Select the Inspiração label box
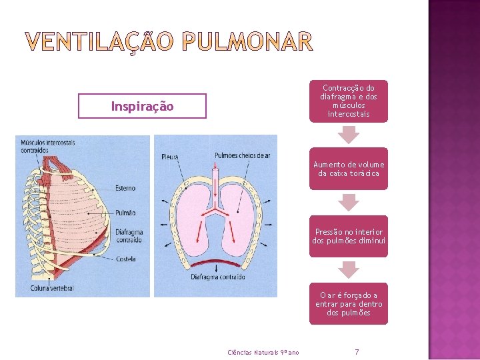(142, 107)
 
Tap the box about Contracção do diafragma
(348, 101)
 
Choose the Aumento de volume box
(348, 169)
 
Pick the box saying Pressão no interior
(348, 236)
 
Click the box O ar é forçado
(348, 304)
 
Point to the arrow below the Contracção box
(348, 135)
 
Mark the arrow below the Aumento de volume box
(348, 202)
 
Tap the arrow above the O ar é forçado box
(348, 269)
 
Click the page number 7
(357, 351)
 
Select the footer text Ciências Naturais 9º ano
(263, 352)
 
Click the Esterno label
(125, 189)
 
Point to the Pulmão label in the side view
(125, 213)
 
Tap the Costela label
(125, 259)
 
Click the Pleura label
(169, 157)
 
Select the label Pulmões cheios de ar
(243, 156)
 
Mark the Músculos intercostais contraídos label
(48, 146)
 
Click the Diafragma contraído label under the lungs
(218, 277)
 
